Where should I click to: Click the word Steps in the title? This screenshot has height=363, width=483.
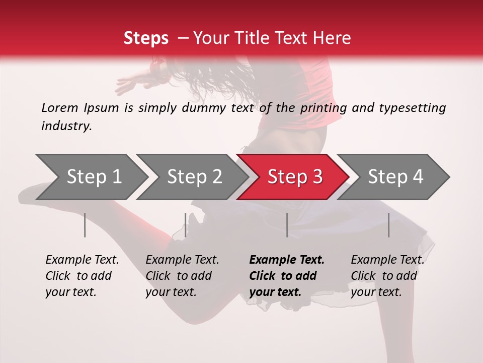[x=146, y=38]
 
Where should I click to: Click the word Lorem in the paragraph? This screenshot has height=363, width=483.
[x=59, y=107]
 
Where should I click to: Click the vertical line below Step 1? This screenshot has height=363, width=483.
[x=85, y=225]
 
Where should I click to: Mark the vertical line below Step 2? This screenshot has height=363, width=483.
[x=186, y=225]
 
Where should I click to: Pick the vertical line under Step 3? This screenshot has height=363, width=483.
[x=287, y=225]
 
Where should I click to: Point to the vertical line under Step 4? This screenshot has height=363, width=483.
[x=388, y=225]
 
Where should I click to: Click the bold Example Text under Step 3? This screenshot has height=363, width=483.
[x=287, y=276]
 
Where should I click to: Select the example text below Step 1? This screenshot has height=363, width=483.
[x=82, y=276]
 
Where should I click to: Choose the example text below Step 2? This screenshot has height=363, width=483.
[x=182, y=276]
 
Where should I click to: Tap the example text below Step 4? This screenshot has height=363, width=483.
[x=387, y=276]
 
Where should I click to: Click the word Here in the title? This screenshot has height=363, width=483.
[x=333, y=38]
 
